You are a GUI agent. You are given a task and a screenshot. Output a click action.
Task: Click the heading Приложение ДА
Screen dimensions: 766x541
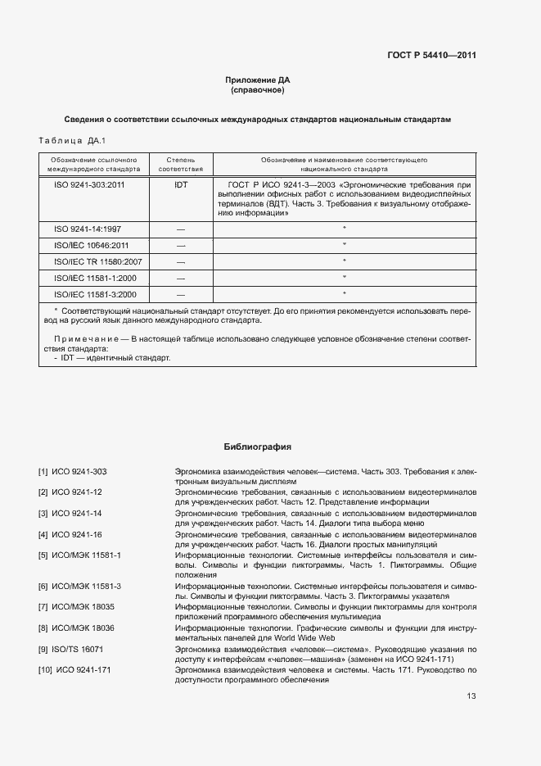258,79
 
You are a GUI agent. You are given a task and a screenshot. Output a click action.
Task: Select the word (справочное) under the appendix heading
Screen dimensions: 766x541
258,89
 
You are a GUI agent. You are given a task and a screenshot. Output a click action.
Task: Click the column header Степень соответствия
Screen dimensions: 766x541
181,163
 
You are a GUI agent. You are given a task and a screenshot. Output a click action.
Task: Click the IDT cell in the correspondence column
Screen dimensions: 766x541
181,185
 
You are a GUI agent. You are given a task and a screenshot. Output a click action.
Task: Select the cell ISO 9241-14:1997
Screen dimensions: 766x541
88,229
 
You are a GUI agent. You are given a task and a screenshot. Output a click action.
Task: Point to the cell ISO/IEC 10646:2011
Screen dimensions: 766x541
91,245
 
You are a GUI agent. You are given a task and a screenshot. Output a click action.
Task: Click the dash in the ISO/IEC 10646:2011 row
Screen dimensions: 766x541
181,245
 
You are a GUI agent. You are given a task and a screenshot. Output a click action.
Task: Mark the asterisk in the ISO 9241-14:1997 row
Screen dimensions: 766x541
344,229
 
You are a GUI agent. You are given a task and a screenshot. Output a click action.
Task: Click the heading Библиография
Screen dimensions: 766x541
258,446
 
